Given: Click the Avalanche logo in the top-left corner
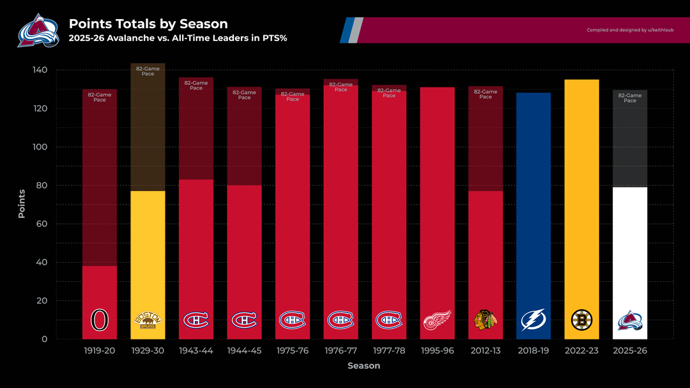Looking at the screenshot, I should pos(38,30).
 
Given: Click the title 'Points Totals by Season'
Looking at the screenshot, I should pos(148,24).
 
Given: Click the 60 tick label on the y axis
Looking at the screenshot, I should pos(42,224).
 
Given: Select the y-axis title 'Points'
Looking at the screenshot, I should pos(22,203).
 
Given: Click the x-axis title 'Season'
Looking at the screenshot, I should pos(364,366).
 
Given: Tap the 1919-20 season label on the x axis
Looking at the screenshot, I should pos(99,350).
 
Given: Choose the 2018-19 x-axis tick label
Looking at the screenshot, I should pos(533,350).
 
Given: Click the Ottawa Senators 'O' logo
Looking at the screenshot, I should pos(100,320).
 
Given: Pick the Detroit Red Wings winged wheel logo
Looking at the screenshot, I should pos(437,320).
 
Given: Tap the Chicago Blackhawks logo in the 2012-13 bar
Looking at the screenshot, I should pos(485,320).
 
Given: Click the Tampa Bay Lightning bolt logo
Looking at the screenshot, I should pos(533,320).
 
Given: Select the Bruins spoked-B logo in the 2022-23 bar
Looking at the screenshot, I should pos(581,320).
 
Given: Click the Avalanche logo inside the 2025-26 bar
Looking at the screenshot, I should pos(630,320).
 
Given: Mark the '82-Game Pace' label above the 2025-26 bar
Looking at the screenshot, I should pos(630,98).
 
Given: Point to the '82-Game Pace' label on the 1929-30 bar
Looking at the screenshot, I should pos(148,71).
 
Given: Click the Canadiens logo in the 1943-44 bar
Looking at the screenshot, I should pos(196,320).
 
